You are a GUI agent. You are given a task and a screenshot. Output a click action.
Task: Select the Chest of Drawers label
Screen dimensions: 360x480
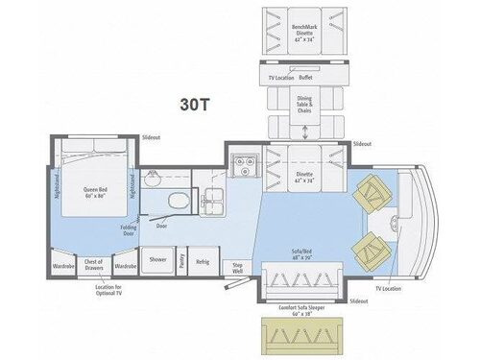tap(93, 263)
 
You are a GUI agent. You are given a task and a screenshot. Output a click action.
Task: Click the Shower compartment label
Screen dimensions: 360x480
tap(157, 258)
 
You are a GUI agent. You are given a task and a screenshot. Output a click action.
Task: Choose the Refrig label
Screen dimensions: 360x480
tap(203, 258)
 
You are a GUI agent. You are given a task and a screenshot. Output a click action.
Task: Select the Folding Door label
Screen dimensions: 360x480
tap(129, 231)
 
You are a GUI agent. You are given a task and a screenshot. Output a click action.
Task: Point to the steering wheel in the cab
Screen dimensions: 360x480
tap(396, 223)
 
